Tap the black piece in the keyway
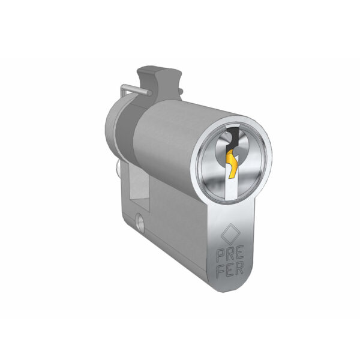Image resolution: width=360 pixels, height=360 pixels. tap(232, 139)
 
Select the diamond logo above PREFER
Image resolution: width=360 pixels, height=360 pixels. tap(230, 234)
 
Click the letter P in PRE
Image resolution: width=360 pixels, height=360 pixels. tap(220, 256)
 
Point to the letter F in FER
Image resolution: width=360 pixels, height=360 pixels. tap(221, 272)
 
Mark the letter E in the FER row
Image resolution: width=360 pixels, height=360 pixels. tap(230, 270)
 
